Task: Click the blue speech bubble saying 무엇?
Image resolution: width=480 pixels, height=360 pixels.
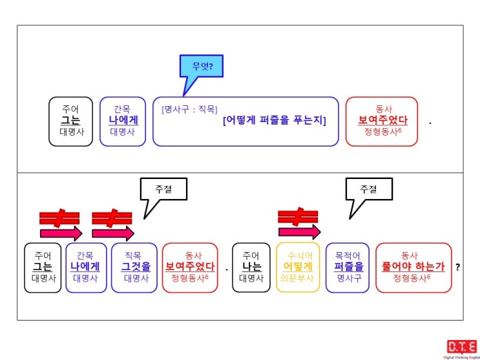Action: [202, 66]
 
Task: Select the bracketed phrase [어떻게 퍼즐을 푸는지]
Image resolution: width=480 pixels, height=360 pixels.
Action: [275, 121]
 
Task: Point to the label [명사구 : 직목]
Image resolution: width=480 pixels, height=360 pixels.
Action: [189, 109]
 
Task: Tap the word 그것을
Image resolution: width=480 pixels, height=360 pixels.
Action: [136, 266]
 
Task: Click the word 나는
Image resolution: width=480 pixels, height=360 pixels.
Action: [251, 266]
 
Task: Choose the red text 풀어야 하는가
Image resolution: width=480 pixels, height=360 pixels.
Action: [413, 266]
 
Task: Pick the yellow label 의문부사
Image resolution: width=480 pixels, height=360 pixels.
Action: [297, 278]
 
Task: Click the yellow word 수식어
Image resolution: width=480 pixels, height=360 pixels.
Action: [297, 255]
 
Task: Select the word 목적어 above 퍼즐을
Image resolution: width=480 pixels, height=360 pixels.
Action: [348, 255]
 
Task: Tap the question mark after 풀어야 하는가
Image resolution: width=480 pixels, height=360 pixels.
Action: [457, 267]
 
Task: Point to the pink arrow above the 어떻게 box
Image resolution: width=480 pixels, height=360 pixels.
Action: [299, 232]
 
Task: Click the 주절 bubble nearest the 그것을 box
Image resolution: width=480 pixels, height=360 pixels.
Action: [163, 198]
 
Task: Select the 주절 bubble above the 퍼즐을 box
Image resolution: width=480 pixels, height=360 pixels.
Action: [369, 198]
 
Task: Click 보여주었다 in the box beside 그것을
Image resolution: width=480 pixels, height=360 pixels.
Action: [190, 266]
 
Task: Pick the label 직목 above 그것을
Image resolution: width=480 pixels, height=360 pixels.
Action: [134, 255]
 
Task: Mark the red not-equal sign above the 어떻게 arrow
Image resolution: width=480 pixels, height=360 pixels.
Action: [298, 216]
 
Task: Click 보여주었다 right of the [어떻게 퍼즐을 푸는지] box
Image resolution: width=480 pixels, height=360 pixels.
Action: [382, 120]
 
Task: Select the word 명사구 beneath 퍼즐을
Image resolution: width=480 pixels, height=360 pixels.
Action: [348, 278]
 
